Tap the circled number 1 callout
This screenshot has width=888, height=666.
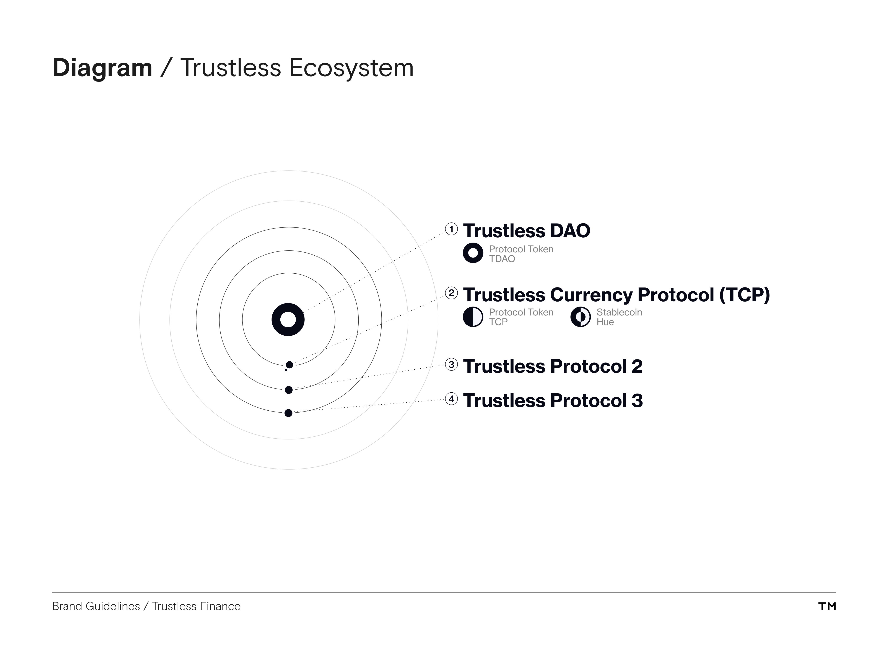[x=451, y=229]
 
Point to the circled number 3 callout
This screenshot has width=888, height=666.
[x=451, y=365]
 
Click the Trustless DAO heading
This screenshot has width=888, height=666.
[x=526, y=231]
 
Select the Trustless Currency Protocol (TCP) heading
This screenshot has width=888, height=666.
[x=616, y=295]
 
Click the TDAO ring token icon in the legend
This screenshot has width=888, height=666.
[x=473, y=253]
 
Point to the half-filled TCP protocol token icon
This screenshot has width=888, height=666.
[x=473, y=317]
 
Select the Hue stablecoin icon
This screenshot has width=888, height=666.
[x=581, y=317]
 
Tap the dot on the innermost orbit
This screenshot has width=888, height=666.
[x=289, y=365]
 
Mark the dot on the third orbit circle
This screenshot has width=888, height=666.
[x=288, y=413]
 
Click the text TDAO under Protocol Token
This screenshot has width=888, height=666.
[x=502, y=259]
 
